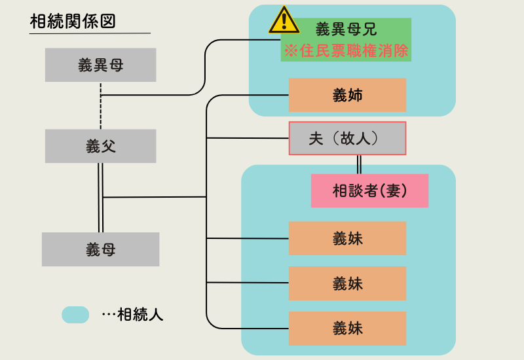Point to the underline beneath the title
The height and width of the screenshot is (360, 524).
(x=90, y=33)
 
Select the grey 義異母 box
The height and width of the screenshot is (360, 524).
(x=100, y=65)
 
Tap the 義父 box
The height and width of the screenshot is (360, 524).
(x=100, y=146)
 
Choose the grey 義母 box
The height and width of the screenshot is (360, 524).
(x=100, y=249)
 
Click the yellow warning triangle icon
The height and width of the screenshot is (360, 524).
(x=284, y=20)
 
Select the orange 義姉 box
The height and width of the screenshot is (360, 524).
(x=347, y=96)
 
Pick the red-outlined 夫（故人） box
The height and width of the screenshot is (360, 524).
(x=347, y=138)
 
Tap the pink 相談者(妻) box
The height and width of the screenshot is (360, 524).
(x=369, y=190)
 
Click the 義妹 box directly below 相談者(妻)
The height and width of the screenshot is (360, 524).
(x=347, y=238)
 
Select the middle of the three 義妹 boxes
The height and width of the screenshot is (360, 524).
(x=347, y=283)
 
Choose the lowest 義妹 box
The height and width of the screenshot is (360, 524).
(x=347, y=328)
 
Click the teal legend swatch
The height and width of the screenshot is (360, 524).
(x=75, y=315)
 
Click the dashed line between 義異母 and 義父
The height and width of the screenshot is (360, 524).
(x=101, y=111)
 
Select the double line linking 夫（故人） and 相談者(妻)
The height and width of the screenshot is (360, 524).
(x=359, y=164)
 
